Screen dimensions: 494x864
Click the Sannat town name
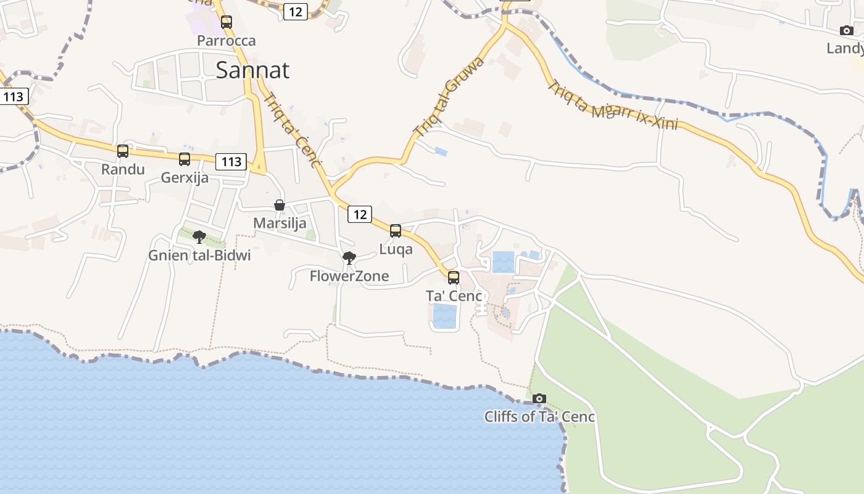pos(252,70)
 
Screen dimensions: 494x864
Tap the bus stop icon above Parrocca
pos(226,22)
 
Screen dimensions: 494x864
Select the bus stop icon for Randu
pos(123,151)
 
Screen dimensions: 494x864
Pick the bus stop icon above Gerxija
pos(185,159)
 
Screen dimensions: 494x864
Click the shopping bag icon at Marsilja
pos(280,205)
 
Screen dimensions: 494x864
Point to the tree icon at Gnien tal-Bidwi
pos(199,237)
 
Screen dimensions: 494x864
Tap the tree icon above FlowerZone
pos(349,257)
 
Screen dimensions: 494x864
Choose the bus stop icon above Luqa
pos(396,231)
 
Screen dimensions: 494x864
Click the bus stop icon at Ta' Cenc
pos(454,278)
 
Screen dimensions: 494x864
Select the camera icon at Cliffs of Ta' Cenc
pos(539,398)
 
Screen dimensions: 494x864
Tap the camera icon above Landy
pos(847,30)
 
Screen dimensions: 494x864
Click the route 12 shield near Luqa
pos(360,214)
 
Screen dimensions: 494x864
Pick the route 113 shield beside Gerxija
pos(231,162)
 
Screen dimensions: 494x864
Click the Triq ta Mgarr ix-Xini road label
pos(612,106)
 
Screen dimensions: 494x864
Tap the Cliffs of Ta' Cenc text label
pos(539,417)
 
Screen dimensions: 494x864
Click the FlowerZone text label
pos(349,276)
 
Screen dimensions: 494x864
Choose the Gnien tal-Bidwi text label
pos(199,255)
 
